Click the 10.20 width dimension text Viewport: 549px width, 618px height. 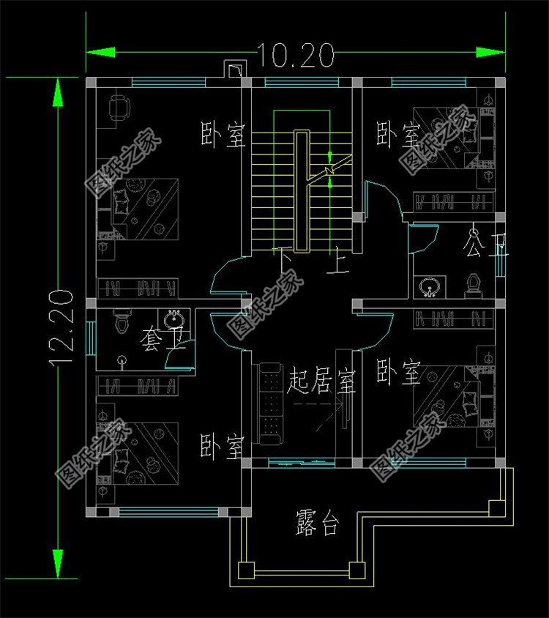coord(295,54)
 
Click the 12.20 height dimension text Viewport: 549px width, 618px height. coord(61,327)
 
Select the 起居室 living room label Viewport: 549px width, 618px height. coord(322,381)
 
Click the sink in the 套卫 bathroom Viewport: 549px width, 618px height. coord(174,320)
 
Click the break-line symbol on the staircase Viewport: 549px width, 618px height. coord(331,169)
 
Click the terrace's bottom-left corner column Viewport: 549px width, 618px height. coord(245,570)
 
